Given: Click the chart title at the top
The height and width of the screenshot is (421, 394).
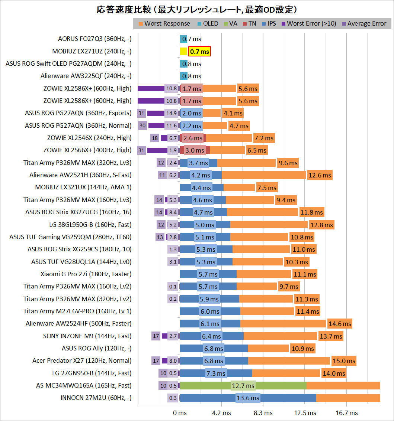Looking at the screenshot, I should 197,9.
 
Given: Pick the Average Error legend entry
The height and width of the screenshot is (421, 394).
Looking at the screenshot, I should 367,24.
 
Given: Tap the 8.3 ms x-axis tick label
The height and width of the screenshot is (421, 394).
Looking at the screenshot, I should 263,413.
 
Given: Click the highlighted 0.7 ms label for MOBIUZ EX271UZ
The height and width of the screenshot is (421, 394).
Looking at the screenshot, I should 199,52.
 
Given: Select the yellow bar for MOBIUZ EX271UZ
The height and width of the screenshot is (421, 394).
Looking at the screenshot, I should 183,52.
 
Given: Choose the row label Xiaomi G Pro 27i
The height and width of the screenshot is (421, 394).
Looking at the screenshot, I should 86,274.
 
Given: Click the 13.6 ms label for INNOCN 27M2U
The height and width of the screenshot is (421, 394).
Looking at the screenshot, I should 248,398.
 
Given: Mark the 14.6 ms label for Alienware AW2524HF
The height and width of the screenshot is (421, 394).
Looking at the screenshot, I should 340,324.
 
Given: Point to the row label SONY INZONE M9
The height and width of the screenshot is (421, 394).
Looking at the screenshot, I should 87,336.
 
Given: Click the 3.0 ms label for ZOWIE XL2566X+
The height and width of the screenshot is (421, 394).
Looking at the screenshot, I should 195,150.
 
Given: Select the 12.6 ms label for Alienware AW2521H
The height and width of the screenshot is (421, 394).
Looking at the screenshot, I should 320,175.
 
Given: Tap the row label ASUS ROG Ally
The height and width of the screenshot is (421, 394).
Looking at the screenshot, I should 96,348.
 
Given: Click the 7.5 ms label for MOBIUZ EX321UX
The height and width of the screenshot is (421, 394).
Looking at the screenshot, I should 267,187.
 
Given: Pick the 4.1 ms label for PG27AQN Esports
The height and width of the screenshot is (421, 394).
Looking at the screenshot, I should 233,113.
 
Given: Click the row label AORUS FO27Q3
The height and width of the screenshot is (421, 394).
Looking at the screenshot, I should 95,39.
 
